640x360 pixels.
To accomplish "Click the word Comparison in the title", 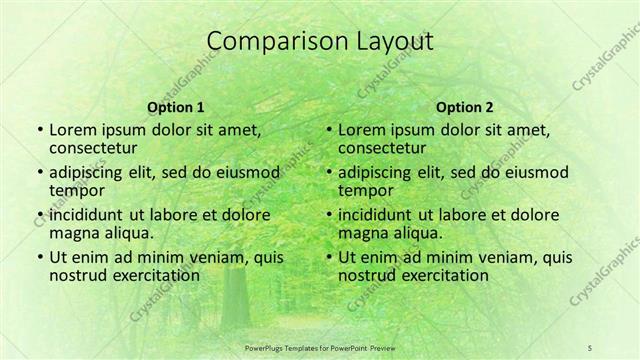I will click(267, 42).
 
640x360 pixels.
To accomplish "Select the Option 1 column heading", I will click(176, 107).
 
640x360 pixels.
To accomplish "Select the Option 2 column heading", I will click(465, 107).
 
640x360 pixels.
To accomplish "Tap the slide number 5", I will click(590, 346).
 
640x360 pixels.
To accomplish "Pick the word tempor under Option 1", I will click(74, 190).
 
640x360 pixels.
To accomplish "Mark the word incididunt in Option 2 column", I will click(379, 215).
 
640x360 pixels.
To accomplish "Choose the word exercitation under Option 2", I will click(441, 275).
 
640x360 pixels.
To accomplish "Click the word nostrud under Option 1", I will click(76, 275).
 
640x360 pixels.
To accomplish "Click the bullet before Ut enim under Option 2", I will click(329, 258).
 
